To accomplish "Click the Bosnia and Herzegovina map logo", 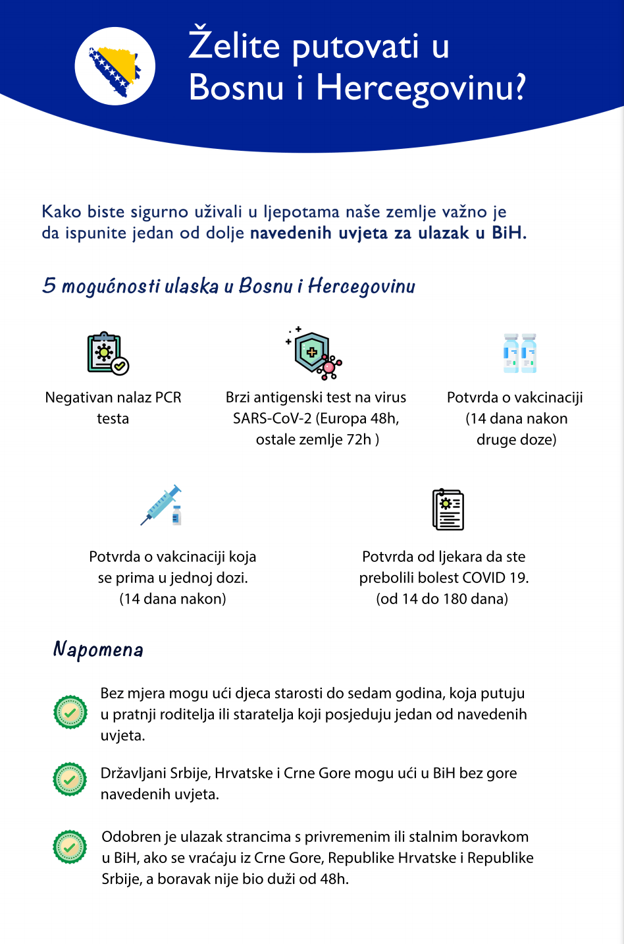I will pos(115,67).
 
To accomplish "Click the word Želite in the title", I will pos(235,46).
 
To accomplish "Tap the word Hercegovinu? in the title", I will pos(421,88).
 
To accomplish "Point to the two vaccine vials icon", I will pos(519,354).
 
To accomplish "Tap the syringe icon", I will pos(162,506).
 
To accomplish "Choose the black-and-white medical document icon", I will pos(448,509).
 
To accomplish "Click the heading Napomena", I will pos(98,650).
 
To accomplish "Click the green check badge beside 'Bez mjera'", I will pos(70,712).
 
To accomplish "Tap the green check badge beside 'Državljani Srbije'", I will pos(70,779).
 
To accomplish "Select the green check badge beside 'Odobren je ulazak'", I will pos(70,847).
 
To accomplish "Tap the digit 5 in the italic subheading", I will pos(49,286).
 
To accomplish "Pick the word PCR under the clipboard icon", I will pos(168,398).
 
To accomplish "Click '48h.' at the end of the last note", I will pos(334,879).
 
